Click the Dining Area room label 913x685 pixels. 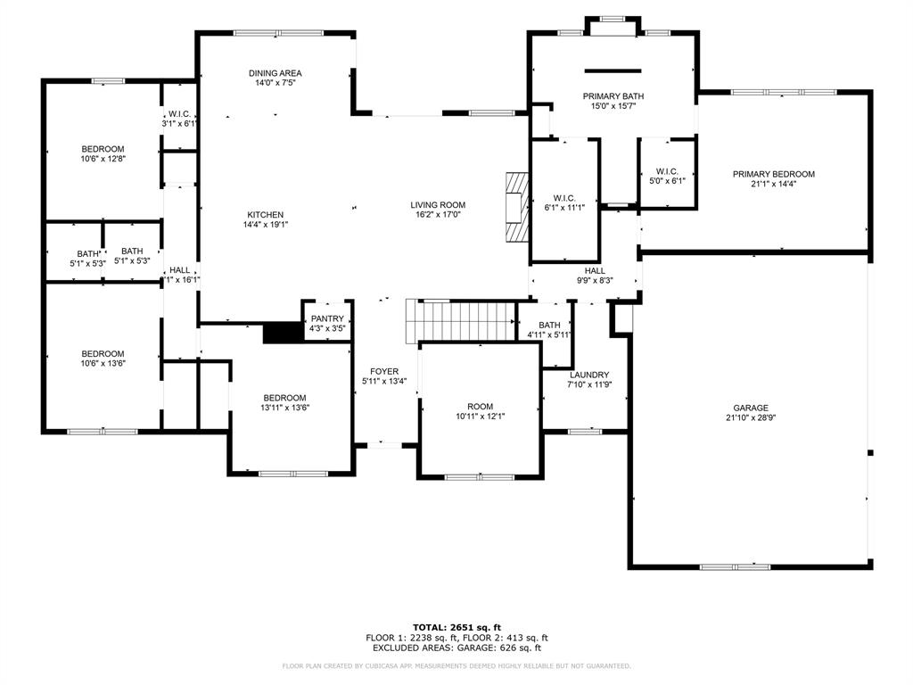click(x=275, y=73)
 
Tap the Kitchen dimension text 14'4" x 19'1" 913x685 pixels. click(x=266, y=225)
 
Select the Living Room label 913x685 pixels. click(x=439, y=205)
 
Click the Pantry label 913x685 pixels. click(x=327, y=318)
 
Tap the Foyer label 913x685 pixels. click(x=384, y=371)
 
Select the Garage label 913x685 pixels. click(x=750, y=407)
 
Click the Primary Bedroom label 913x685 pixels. click(x=773, y=174)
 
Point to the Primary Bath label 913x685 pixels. click(x=613, y=95)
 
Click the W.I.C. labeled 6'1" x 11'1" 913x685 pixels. click(x=563, y=198)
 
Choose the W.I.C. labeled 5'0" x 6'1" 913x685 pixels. click(x=668, y=171)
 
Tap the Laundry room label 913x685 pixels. click(x=589, y=375)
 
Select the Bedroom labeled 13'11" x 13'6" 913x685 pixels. click(x=284, y=398)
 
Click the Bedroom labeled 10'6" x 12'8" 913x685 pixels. click(x=103, y=149)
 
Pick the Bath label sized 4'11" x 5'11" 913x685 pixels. click(x=549, y=325)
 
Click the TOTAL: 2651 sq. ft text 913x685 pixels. click(x=456, y=627)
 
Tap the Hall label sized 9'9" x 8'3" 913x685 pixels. click(x=595, y=270)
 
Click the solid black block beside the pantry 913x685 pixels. click(x=283, y=333)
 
